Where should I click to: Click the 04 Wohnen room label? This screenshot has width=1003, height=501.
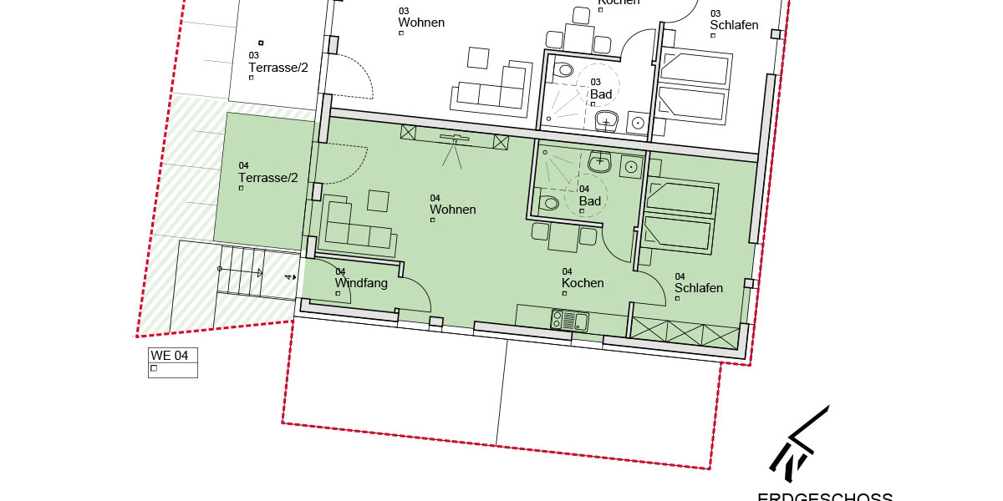pyautogui.click(x=453, y=209)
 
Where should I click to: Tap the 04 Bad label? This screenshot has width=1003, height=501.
pyautogui.click(x=590, y=200)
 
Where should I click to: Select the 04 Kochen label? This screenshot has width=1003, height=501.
pyautogui.click(x=583, y=282)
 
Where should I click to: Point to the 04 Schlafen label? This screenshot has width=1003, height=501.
pyautogui.click(x=699, y=287)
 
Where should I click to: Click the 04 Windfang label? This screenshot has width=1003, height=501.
pyautogui.click(x=361, y=282)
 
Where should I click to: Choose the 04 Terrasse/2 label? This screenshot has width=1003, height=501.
pyautogui.click(x=267, y=177)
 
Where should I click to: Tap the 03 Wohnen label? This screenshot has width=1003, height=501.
pyautogui.click(x=421, y=22)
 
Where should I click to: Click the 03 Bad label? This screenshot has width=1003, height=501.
pyautogui.click(x=601, y=94)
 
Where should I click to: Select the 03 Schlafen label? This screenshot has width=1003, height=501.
pyautogui.click(x=734, y=24)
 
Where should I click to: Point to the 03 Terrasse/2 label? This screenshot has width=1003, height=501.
pyautogui.click(x=278, y=67)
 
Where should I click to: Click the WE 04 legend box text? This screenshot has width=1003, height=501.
pyautogui.click(x=169, y=355)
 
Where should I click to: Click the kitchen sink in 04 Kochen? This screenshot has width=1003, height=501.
pyautogui.click(x=570, y=320)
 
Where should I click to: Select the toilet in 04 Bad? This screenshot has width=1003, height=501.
pyautogui.click(x=550, y=203)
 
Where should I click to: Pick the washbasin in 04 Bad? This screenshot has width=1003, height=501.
pyautogui.click(x=600, y=163)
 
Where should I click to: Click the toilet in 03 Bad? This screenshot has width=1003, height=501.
pyautogui.click(x=564, y=69)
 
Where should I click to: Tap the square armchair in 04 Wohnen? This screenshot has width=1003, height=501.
pyautogui.click(x=378, y=200)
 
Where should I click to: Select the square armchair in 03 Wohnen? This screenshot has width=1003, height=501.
pyautogui.click(x=478, y=58)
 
